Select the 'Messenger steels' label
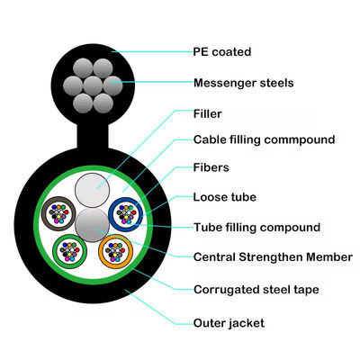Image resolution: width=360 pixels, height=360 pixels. [x=243, y=83]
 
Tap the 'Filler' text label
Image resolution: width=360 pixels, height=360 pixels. [x=208, y=114]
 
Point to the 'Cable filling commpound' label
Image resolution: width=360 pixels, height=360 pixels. [x=264, y=139]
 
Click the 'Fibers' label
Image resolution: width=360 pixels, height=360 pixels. [x=212, y=167]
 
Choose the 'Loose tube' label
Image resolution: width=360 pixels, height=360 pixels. [x=224, y=195]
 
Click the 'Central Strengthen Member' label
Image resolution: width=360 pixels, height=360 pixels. [x=273, y=256]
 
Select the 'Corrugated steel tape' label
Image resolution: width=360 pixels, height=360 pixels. [x=256, y=289]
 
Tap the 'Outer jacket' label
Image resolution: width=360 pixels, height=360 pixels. [x=229, y=321]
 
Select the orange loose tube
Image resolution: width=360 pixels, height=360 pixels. [x=116, y=252]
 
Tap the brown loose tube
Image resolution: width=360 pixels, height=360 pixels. [x=61, y=214]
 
